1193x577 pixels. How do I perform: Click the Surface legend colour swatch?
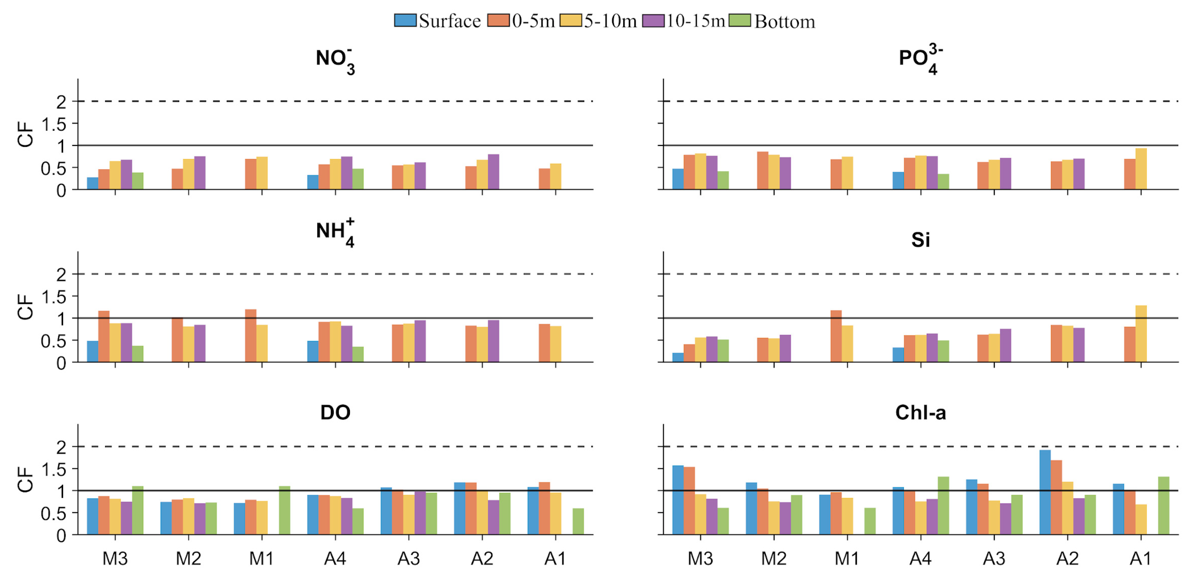[405, 21]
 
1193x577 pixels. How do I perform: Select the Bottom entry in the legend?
[784, 21]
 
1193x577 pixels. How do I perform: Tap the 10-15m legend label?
[695, 21]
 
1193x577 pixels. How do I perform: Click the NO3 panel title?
[335, 60]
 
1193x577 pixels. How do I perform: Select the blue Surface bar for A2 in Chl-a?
[1045, 492]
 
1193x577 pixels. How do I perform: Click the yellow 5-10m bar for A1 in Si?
[1141, 334]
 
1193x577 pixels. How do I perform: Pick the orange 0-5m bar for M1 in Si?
[836, 336]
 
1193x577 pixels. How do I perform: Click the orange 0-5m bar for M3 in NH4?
[104, 336]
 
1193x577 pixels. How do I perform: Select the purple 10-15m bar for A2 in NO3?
[493, 172]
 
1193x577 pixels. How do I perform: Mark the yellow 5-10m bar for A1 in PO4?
[1141, 169]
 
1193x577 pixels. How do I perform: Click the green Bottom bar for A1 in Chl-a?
[1163, 506]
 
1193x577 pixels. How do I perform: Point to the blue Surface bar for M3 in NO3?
[92, 183]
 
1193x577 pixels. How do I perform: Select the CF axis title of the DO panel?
[25, 479]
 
